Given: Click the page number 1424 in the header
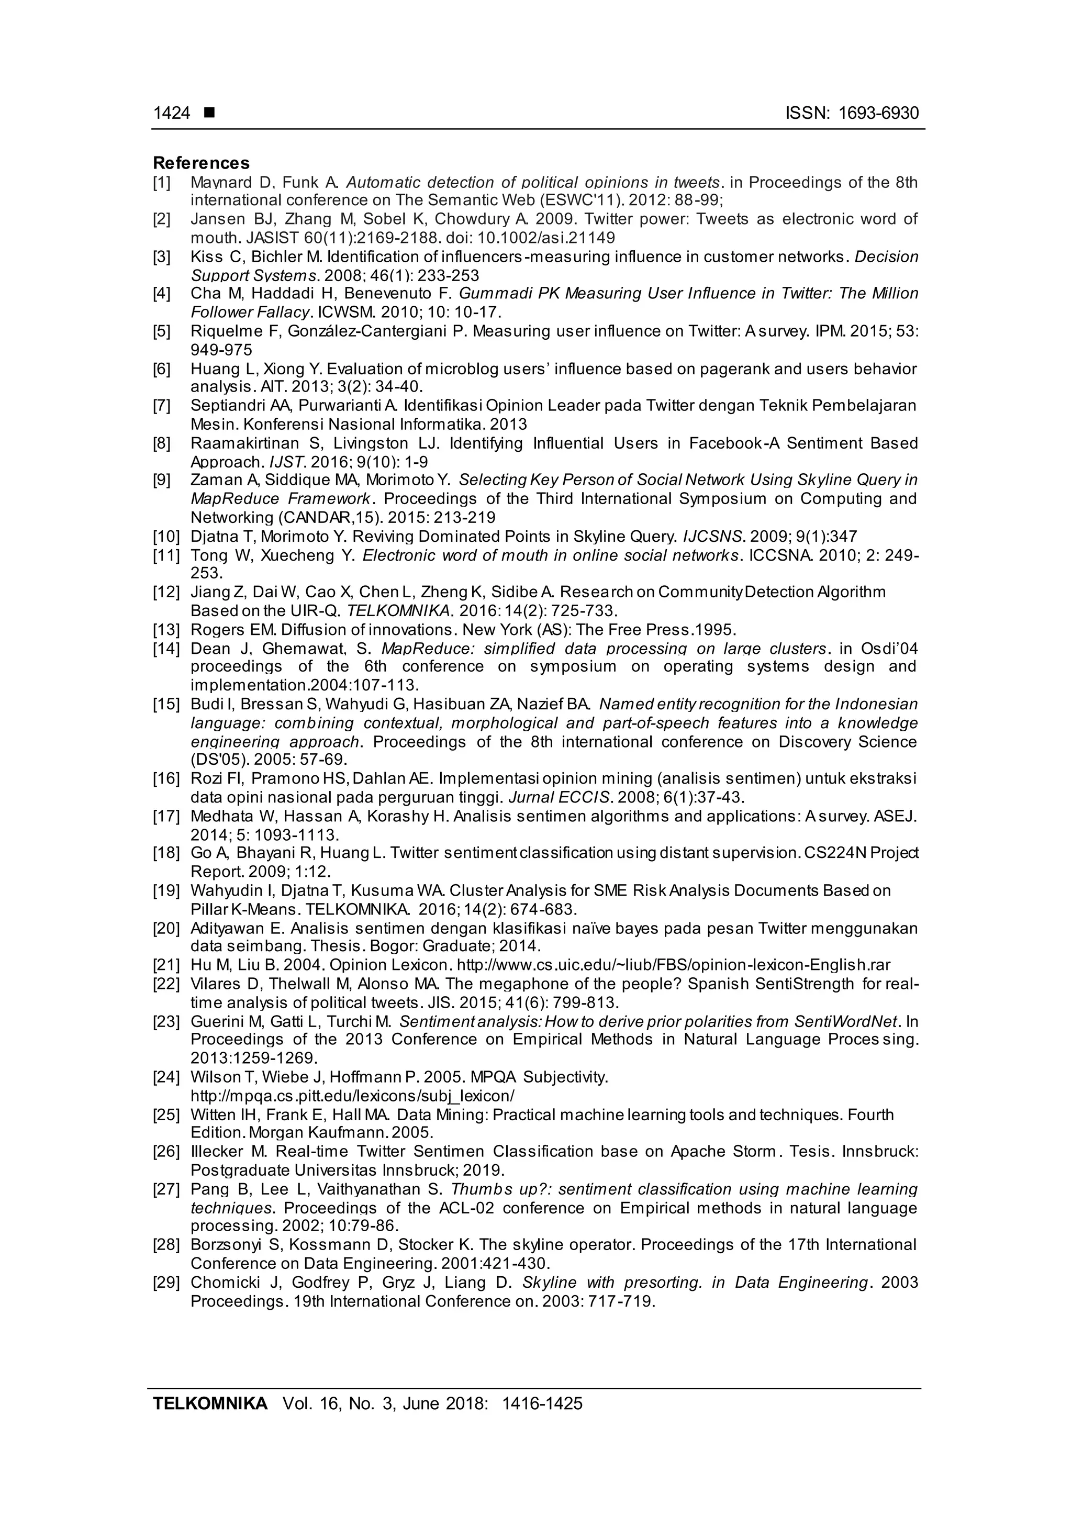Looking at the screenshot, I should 171,114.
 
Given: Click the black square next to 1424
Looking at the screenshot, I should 209,114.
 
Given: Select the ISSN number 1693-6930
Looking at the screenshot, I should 878,114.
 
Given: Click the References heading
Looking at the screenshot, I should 202,163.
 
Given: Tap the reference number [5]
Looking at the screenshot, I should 162,331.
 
